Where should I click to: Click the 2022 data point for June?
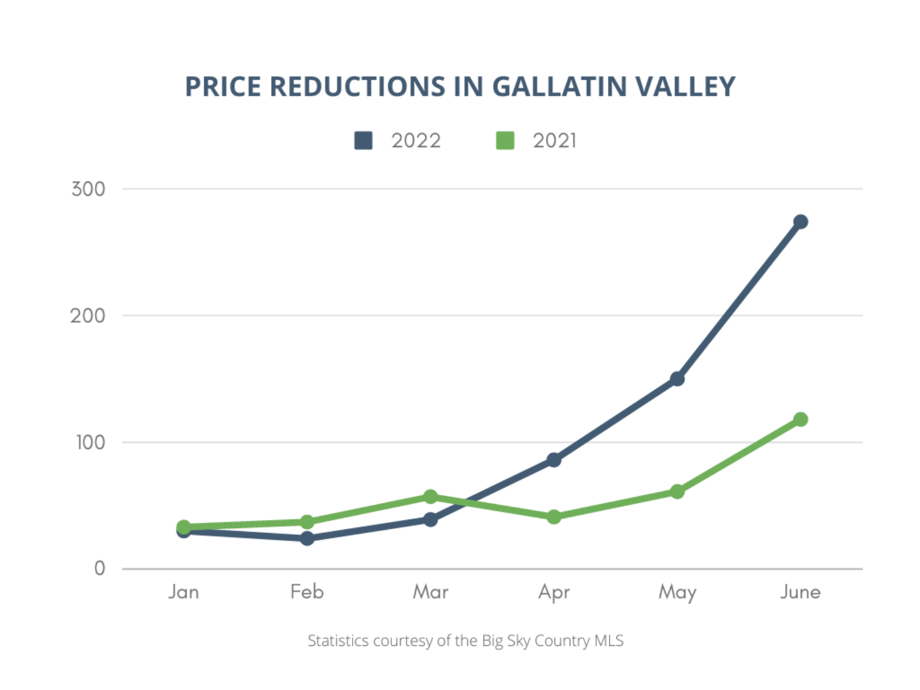click(x=800, y=221)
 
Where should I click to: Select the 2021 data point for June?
click(x=800, y=420)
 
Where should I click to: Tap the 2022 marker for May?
click(x=677, y=379)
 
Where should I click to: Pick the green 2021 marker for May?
click(x=677, y=491)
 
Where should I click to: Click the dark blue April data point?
click(x=554, y=460)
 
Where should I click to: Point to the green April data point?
click(x=554, y=517)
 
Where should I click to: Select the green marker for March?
click(x=431, y=496)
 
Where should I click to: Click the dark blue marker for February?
click(x=307, y=539)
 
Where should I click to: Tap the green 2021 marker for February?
click(x=307, y=522)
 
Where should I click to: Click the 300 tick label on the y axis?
click(x=88, y=189)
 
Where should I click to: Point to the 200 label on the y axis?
click(x=88, y=316)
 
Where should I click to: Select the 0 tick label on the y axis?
click(x=99, y=569)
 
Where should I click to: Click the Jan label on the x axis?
click(x=183, y=592)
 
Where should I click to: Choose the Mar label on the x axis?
click(x=431, y=592)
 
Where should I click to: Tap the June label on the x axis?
click(x=800, y=592)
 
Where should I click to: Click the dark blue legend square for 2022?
click(x=363, y=140)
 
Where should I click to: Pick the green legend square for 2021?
click(x=505, y=140)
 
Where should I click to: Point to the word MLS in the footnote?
click(x=609, y=641)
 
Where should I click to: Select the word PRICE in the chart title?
click(x=223, y=86)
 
